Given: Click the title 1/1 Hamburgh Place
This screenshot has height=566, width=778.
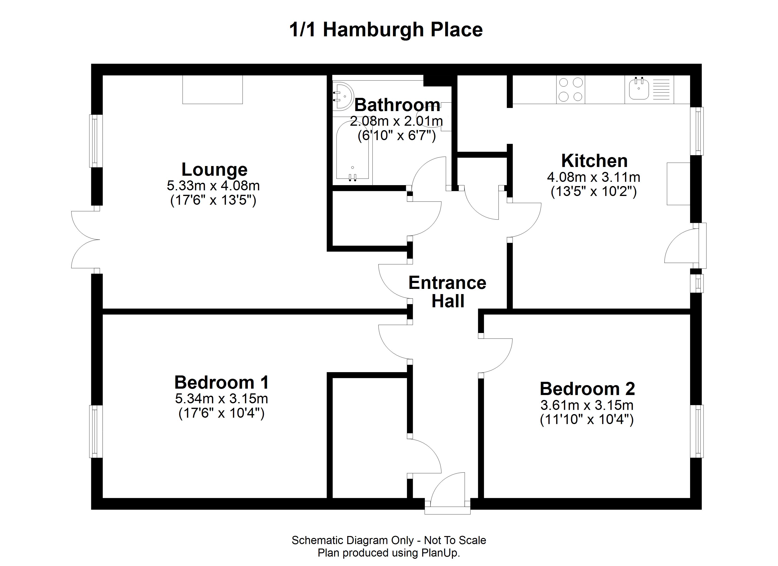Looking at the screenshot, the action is tap(386, 30).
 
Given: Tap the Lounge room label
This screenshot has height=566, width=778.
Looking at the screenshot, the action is tap(214, 170).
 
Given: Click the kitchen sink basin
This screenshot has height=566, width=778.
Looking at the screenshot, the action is tap(639, 89).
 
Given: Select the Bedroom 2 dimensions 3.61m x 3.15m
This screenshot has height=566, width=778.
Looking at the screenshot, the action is tap(587, 405).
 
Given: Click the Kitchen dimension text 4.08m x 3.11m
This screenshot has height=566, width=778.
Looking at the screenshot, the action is tap(593, 177).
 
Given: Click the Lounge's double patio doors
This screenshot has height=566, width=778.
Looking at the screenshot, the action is tap(85, 240).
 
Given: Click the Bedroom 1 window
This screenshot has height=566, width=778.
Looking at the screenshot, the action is tap(96, 431).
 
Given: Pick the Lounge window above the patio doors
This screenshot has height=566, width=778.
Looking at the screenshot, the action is tap(96, 141).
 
